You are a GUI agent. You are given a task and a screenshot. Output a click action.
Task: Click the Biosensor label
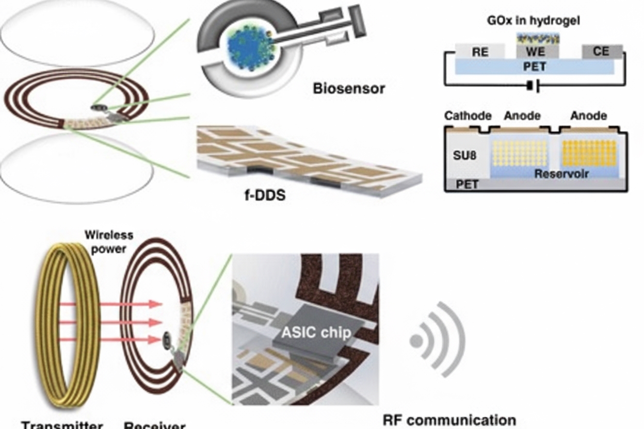(x=349, y=88)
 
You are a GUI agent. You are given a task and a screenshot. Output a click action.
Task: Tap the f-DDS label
(x=265, y=196)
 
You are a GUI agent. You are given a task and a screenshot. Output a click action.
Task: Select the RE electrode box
(x=480, y=52)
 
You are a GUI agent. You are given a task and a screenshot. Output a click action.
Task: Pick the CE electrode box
(x=601, y=52)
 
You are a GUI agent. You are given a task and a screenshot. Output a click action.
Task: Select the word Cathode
(x=468, y=115)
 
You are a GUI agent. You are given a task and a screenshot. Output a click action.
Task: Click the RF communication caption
(x=449, y=420)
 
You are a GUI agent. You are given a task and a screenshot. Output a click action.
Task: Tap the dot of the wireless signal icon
(x=416, y=341)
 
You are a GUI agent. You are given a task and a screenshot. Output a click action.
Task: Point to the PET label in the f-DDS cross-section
(x=468, y=184)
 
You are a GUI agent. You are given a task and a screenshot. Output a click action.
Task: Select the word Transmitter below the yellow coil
(x=62, y=425)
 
